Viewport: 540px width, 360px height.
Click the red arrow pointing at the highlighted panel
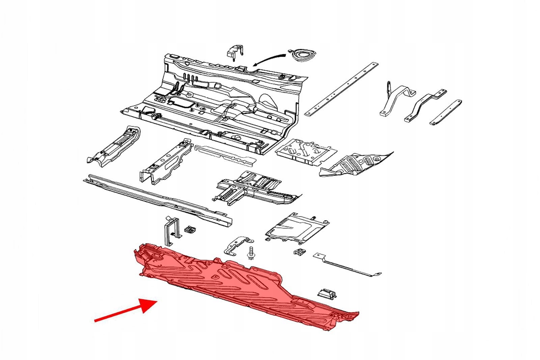[125, 311]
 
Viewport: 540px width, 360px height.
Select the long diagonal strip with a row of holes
[341, 89]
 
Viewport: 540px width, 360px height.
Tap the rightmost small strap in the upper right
[447, 112]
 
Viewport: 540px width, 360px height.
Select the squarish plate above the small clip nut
[297, 227]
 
